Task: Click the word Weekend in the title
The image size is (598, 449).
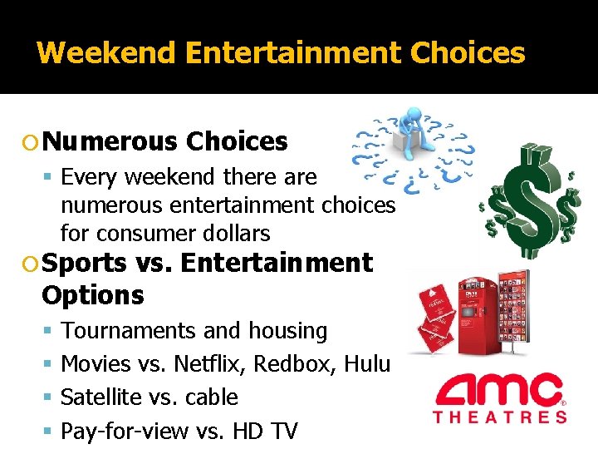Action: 107,53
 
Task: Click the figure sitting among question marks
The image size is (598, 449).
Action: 409,133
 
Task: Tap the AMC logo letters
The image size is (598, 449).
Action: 499,390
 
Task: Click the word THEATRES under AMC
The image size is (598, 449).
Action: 499,417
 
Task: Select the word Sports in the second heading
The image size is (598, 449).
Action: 83,264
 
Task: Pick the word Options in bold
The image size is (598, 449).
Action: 92,295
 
